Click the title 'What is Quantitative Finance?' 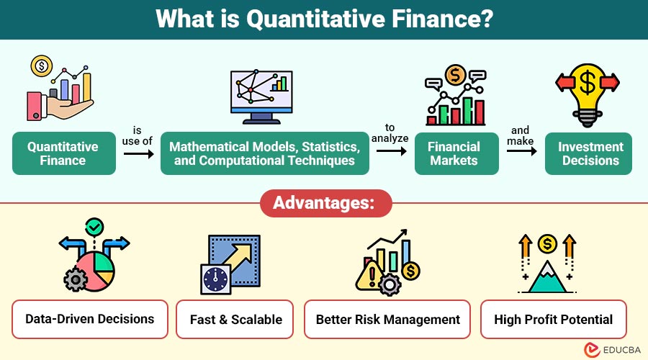pyautogui.click(x=324, y=19)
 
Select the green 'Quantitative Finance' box pyautogui.click(x=63, y=153)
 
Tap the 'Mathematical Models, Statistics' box pyautogui.click(x=264, y=153)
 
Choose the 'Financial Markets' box pyautogui.click(x=454, y=153)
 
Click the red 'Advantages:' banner pyautogui.click(x=324, y=203)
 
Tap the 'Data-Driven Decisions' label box pyautogui.click(x=90, y=319)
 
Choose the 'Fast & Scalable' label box pyautogui.click(x=236, y=319)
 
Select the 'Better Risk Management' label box pyautogui.click(x=387, y=319)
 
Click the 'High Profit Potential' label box pyautogui.click(x=553, y=319)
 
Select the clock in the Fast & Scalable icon pyautogui.click(x=215, y=279)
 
